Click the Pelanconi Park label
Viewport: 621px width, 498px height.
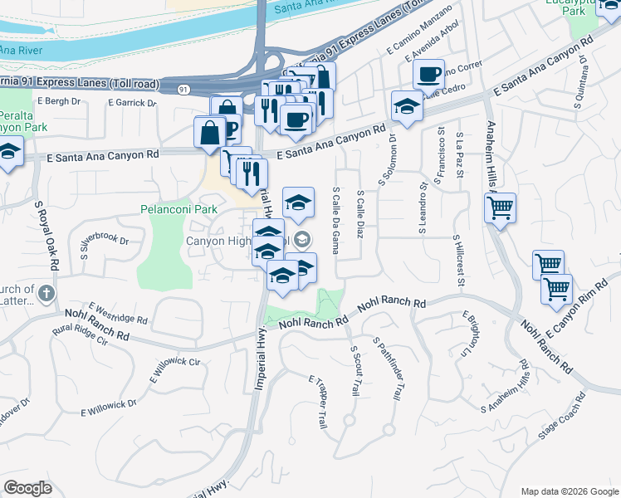click(x=173, y=209)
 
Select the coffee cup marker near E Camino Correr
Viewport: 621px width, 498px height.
click(x=428, y=76)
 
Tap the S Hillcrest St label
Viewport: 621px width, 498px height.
click(x=458, y=261)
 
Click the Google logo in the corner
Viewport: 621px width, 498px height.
click(x=27, y=487)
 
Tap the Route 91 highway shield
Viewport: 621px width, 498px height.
click(x=183, y=88)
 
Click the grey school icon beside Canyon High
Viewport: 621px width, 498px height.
click(x=303, y=240)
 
